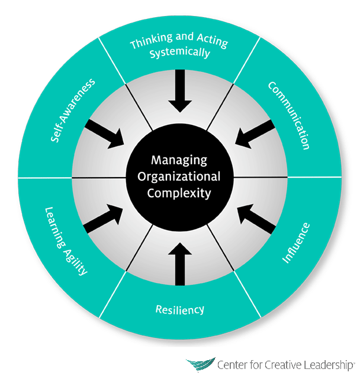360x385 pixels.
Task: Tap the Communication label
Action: [289, 115]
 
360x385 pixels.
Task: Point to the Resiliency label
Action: [180, 309]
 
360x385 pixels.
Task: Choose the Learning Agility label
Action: [66, 242]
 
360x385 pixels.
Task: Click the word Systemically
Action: [180, 53]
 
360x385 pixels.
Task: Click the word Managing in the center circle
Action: [179, 161]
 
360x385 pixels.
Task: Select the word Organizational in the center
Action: [179, 176]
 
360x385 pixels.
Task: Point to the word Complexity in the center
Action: [179, 192]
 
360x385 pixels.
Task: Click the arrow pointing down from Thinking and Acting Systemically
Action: [180, 94]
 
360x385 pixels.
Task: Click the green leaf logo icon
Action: [200, 365]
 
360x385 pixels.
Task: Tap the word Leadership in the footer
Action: [324, 365]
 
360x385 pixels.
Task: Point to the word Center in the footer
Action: [233, 365]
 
